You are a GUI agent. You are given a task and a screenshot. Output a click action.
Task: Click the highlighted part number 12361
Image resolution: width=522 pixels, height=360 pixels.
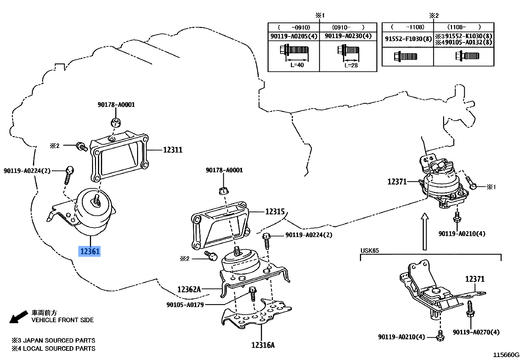89,251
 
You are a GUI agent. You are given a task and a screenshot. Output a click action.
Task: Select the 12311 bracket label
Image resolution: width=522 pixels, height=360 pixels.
173,150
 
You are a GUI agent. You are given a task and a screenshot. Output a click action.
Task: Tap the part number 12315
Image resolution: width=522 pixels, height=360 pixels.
275,212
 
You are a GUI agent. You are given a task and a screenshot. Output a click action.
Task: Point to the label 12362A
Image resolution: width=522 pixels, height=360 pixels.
189,289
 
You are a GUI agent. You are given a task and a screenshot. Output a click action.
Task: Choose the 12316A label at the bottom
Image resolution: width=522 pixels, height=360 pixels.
263,345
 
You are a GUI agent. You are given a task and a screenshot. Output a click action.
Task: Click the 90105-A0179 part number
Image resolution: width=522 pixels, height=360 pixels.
185,305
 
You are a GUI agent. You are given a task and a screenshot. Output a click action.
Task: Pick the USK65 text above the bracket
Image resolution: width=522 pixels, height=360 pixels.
369,251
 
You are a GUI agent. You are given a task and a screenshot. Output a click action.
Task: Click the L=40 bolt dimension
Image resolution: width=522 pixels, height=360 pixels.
297,65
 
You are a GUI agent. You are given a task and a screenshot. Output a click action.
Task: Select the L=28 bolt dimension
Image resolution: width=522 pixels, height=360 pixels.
351,65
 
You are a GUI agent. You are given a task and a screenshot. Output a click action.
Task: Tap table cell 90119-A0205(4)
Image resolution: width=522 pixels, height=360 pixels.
294,36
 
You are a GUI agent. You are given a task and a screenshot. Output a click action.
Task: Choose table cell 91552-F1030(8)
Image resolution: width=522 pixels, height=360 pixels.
408,39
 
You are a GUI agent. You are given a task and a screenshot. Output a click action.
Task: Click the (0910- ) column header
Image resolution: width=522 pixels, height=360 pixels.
348,27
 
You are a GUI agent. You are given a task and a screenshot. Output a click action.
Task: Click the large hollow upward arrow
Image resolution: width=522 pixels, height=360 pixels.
425,231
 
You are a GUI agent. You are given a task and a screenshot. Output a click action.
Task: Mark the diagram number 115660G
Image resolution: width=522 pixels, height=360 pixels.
506,355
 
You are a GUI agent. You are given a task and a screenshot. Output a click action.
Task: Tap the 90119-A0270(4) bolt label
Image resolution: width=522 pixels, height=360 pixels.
476,332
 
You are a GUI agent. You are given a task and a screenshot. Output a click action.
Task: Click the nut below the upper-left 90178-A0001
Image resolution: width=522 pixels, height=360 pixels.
116,122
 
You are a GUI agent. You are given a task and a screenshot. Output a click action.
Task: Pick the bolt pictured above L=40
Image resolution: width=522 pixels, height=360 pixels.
294,50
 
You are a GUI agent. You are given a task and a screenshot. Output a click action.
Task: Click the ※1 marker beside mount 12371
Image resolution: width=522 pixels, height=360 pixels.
491,187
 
